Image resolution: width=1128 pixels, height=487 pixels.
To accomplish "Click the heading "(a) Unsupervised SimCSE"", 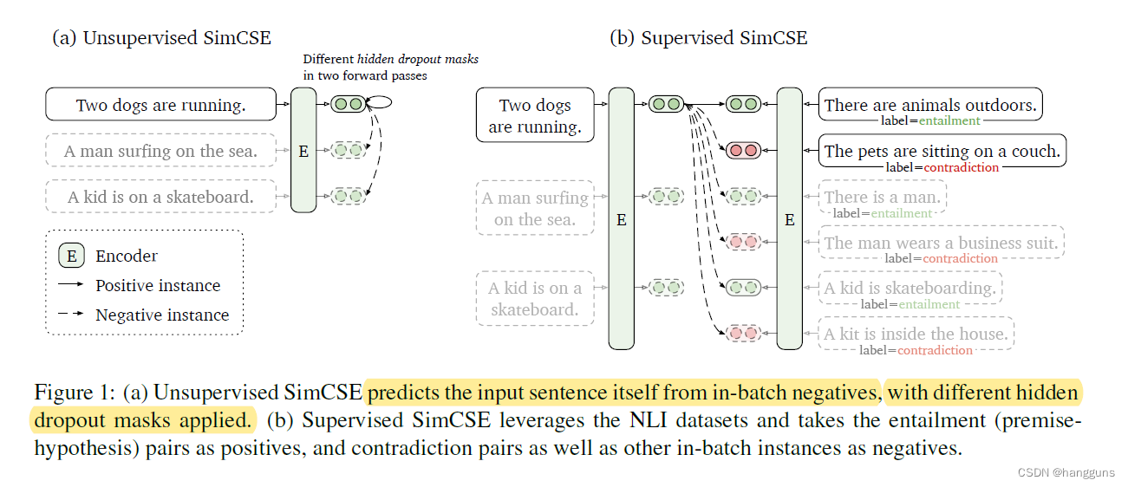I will tap(161, 38).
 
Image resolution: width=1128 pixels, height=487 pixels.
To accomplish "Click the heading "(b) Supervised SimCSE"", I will tap(708, 38).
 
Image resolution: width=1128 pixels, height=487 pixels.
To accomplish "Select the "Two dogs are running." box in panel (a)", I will tap(160, 106).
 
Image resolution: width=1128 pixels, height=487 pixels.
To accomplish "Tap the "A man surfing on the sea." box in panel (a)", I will tap(160, 152).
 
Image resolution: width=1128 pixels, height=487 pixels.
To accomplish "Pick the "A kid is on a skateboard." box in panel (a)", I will tap(160, 197).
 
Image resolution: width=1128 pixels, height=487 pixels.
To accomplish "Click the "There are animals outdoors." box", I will tap(929, 105).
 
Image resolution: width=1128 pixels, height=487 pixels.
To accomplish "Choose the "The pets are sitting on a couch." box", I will tap(942, 151).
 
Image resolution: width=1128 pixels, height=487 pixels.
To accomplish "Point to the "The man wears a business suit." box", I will tap(941, 243).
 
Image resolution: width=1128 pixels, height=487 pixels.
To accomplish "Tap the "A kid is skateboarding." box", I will tap(910, 288).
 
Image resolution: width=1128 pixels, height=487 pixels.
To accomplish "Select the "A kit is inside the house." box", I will tap(916, 333).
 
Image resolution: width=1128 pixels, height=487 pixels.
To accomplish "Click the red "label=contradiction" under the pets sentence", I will tap(942, 167).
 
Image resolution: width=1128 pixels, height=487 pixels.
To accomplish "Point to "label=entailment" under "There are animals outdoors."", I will tap(930, 121).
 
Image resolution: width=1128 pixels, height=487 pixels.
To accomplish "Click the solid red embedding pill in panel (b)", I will tap(743, 151).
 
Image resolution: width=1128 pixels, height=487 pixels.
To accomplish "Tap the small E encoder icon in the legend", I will tap(71, 256).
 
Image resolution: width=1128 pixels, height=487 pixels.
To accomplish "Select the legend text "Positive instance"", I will tap(158, 286).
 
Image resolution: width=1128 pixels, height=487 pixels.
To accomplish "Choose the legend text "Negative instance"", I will tap(162, 315).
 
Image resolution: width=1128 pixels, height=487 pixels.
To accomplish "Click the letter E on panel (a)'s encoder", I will tap(303, 152).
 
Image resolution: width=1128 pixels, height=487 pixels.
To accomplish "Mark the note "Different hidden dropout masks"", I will tap(390, 59).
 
